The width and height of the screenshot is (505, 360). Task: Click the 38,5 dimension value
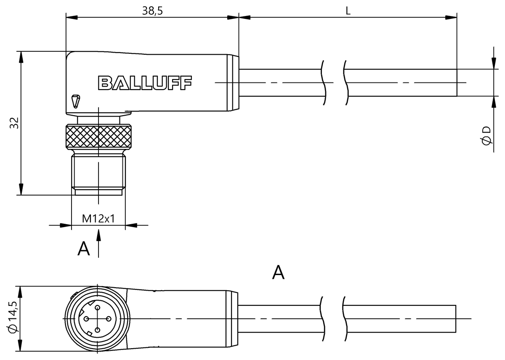(x=152, y=11)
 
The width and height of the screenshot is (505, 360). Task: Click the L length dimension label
(x=348, y=11)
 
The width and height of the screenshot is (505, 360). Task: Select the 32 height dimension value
(x=14, y=123)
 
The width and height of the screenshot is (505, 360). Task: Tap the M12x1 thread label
(x=98, y=218)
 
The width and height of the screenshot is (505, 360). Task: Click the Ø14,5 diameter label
(x=13, y=319)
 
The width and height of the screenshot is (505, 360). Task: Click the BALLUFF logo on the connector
(x=144, y=83)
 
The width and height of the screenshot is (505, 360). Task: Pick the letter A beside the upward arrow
(x=84, y=249)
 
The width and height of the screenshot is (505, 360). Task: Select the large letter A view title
(x=278, y=273)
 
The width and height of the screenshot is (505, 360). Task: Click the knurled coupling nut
(x=98, y=135)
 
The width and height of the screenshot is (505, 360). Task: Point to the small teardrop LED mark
(x=75, y=101)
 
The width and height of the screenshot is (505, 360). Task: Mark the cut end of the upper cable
(x=457, y=82)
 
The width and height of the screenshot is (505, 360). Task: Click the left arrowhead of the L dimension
(x=244, y=18)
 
